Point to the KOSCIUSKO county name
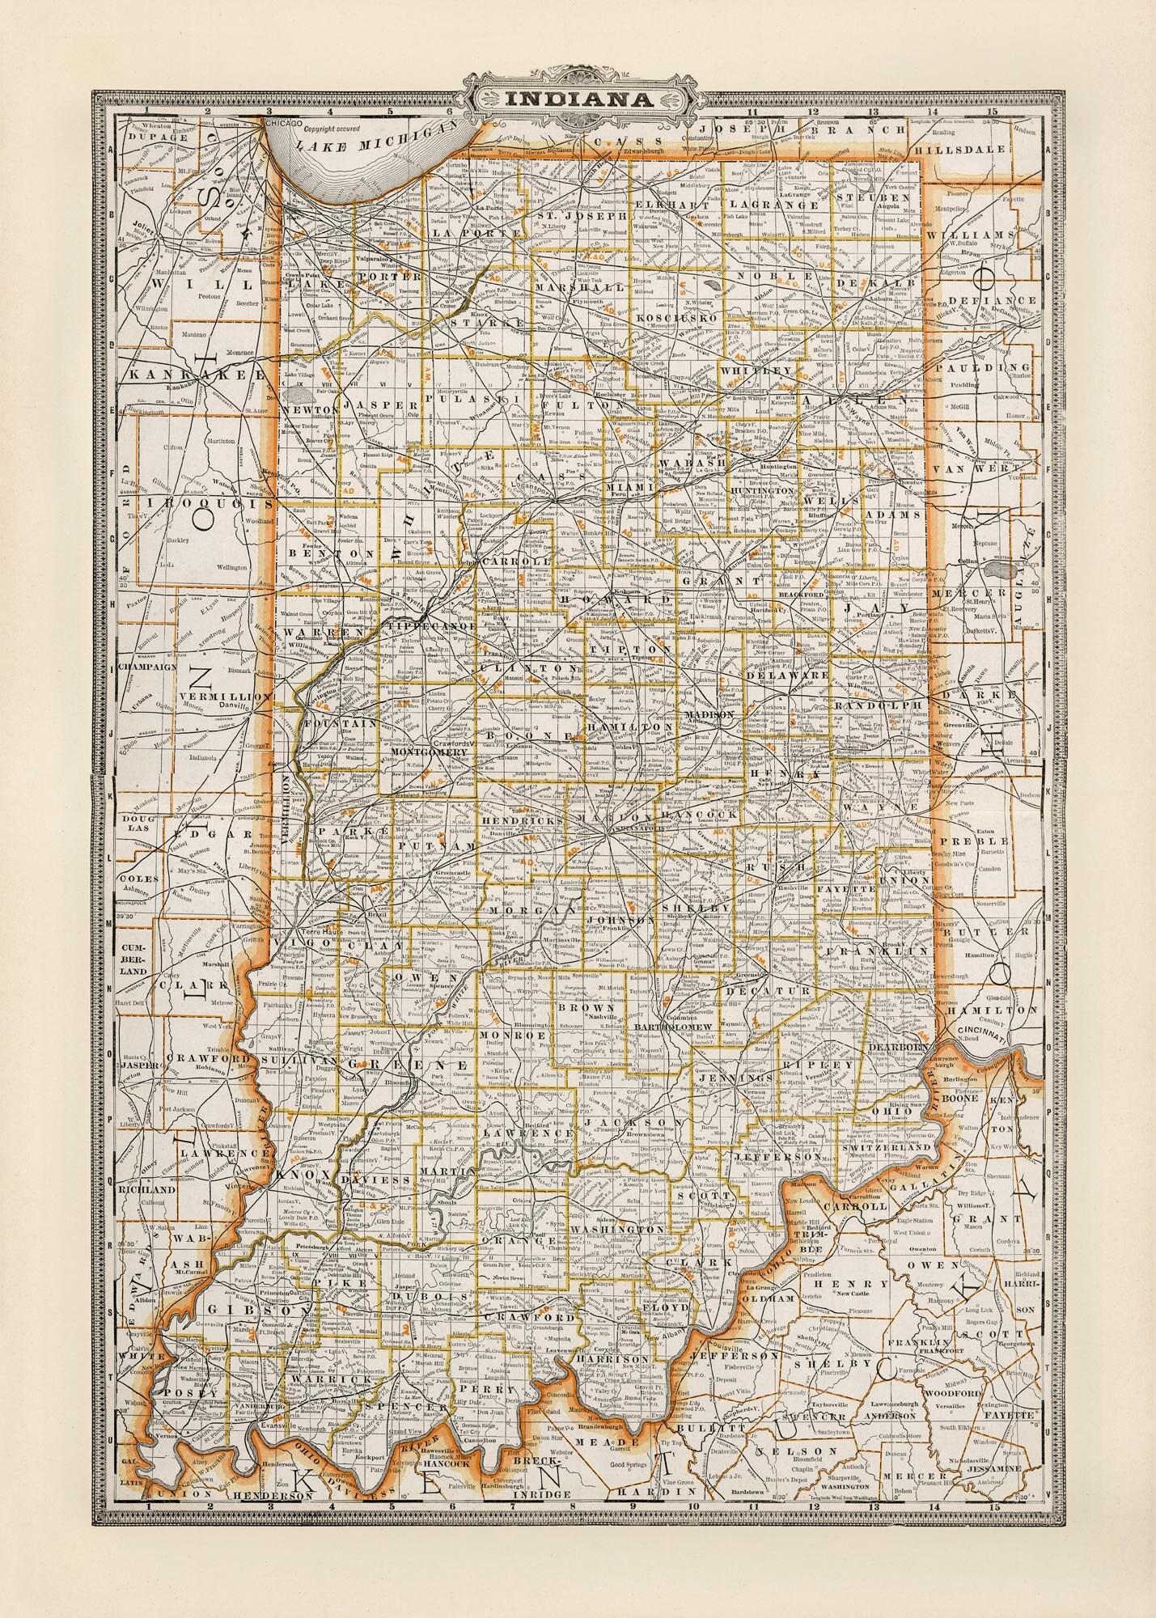tap(677, 318)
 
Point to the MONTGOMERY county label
tap(430, 752)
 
